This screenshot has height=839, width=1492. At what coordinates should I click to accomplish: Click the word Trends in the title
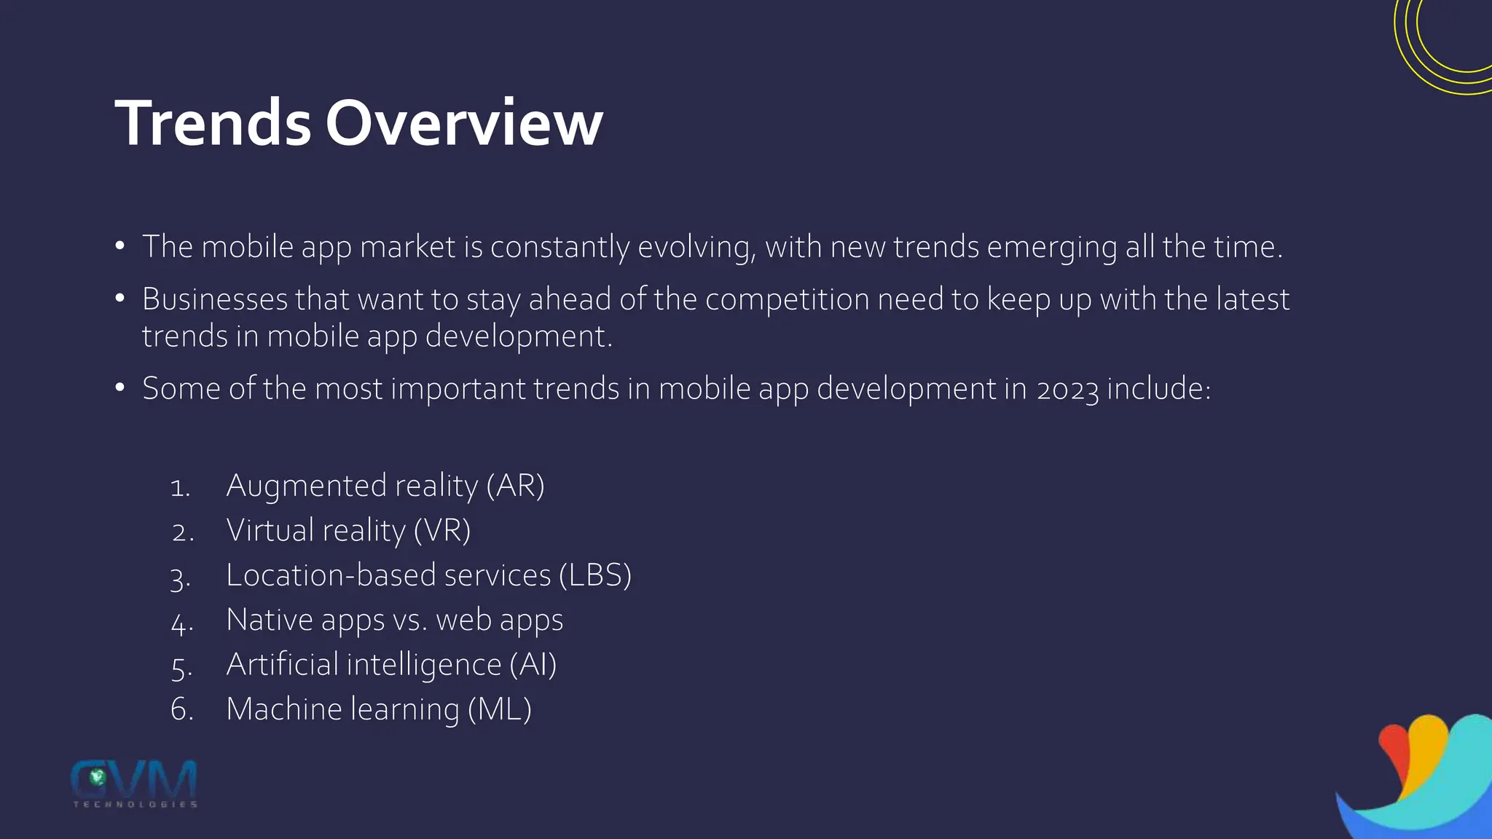tap(213, 123)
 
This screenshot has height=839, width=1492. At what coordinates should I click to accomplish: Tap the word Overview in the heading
tap(464, 123)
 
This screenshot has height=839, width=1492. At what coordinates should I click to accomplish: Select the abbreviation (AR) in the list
tap(516, 486)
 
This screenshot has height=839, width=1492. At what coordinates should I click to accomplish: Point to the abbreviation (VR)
tap(442, 531)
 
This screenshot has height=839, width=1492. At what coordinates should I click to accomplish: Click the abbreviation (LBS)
tap(595, 575)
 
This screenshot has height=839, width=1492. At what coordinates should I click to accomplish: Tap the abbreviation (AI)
tap(533, 665)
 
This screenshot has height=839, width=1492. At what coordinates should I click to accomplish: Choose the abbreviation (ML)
tap(499, 709)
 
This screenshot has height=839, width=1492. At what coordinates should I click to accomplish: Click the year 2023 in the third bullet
tap(1067, 390)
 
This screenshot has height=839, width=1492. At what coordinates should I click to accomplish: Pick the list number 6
tap(181, 710)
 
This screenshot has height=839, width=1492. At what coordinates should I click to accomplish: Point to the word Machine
tap(284, 709)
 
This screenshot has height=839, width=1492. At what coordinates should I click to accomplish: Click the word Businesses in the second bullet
tap(215, 299)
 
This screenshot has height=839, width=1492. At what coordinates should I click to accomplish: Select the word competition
tap(787, 300)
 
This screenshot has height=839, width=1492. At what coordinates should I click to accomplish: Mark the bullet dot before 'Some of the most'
tap(120, 387)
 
